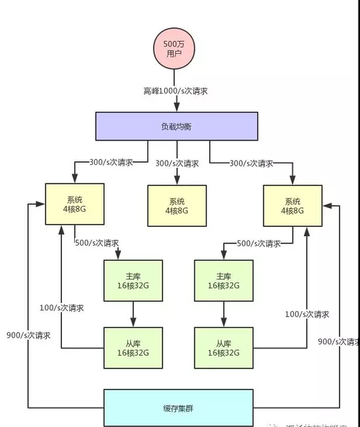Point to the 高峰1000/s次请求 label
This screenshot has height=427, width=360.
coord(176,91)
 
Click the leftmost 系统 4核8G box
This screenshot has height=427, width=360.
coord(75,204)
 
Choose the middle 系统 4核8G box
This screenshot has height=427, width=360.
coord(176,205)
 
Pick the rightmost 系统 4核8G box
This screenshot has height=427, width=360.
coord(293,205)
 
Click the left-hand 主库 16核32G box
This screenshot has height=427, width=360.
coord(133,280)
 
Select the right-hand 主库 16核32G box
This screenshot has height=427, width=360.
coord(223,280)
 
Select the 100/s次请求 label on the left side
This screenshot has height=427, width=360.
coord(62,307)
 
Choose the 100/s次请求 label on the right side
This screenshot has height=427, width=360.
coord(307,315)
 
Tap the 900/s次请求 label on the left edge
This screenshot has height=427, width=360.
coord(29,335)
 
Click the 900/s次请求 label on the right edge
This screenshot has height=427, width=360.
coord(337,341)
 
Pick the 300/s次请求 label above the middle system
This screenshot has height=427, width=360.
coord(179,163)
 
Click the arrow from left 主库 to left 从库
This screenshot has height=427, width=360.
coord(133,314)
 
